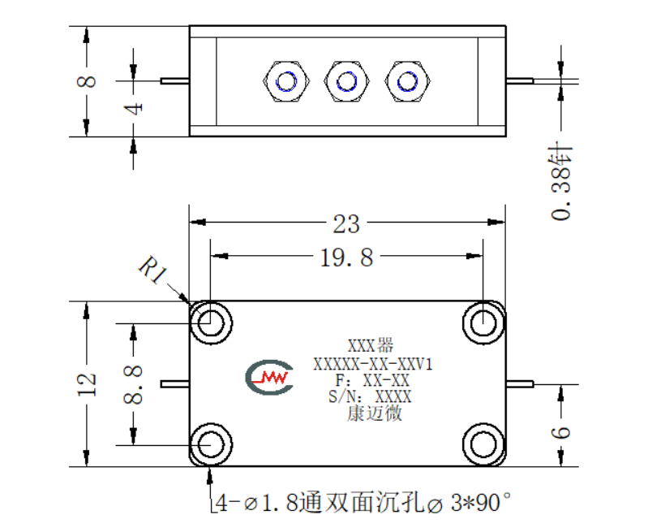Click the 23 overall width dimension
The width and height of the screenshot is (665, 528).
point(346,223)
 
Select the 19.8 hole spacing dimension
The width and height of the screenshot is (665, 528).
point(346,258)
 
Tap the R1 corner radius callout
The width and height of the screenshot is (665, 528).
point(152,270)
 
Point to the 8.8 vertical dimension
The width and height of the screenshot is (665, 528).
point(133,384)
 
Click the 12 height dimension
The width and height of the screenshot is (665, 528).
point(87,384)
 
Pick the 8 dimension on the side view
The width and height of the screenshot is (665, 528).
point(86,81)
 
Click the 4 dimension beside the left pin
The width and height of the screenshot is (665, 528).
point(133,109)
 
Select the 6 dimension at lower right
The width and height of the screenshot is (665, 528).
point(560,432)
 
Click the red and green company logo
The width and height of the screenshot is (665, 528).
point(269,377)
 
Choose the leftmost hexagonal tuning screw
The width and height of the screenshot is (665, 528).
point(286,81)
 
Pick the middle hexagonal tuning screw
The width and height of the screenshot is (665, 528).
point(347,81)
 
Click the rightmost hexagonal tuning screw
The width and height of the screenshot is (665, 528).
point(408,81)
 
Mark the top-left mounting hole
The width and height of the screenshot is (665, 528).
point(211,323)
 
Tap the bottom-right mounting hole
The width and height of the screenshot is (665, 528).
point(483,445)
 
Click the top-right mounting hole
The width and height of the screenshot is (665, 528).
point(483,323)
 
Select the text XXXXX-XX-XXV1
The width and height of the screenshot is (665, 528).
point(373,364)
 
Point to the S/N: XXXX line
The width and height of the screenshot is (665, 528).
point(370,396)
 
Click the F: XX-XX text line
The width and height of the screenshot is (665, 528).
point(372,381)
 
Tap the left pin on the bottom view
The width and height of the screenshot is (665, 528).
point(175,384)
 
